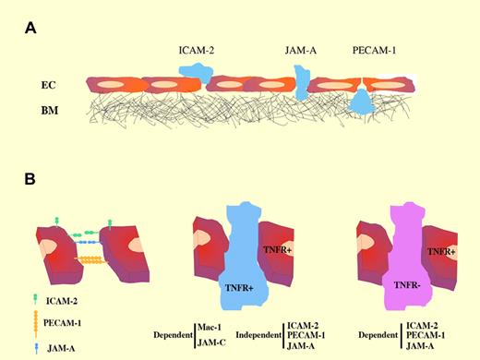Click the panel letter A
[x=30, y=28]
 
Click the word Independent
[x=259, y=336]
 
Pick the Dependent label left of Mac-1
[x=174, y=336]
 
